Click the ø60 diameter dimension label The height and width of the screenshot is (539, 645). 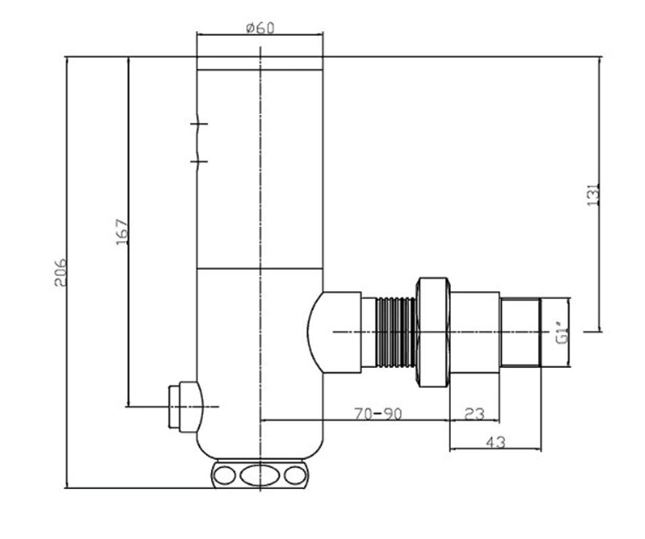(260, 28)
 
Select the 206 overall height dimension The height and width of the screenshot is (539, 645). (60, 272)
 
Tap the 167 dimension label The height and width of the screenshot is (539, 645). (122, 232)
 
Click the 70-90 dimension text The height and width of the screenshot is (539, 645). (378, 413)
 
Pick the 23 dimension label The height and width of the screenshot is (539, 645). (474, 413)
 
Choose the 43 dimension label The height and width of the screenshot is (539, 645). (495, 443)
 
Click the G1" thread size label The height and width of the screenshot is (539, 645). (562, 334)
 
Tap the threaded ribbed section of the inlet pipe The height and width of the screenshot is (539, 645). (396, 331)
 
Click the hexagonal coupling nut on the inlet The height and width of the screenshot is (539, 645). (433, 332)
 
